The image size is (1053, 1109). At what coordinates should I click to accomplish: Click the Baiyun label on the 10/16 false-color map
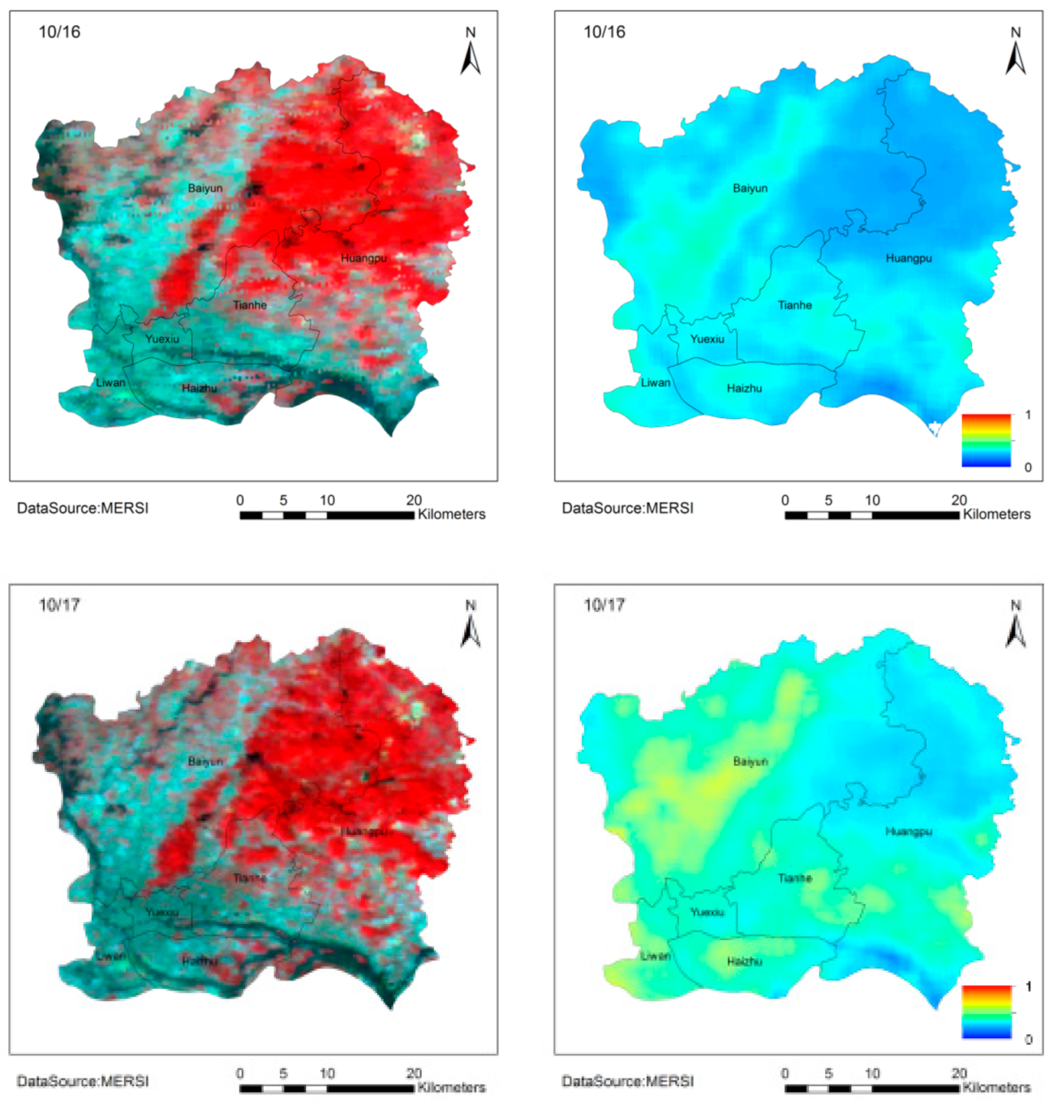click(205, 188)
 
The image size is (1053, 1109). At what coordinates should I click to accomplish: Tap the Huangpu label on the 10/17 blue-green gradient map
click(909, 831)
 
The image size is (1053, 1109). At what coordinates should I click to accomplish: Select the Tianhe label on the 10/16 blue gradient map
click(795, 305)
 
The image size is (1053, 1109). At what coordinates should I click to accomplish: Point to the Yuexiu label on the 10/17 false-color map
click(162, 913)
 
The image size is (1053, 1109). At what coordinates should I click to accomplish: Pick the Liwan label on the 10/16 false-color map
click(111, 382)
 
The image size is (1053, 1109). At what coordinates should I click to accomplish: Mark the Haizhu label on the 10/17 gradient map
click(745, 961)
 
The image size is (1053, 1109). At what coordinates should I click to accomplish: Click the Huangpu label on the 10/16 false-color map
click(363, 258)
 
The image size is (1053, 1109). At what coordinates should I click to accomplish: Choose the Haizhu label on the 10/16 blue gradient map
click(745, 388)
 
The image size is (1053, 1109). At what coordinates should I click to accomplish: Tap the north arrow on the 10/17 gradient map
click(1016, 624)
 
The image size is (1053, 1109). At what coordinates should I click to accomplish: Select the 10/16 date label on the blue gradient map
click(604, 32)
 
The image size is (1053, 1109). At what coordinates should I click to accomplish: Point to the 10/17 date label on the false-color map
click(59, 605)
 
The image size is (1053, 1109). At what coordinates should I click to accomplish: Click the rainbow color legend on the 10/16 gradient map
click(986, 441)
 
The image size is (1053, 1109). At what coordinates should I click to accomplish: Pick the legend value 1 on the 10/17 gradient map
click(1029, 987)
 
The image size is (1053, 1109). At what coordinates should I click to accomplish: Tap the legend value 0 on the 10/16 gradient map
click(1028, 468)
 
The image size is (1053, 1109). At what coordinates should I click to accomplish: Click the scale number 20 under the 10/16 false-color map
click(414, 500)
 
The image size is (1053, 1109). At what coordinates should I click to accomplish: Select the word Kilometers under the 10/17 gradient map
click(996, 1087)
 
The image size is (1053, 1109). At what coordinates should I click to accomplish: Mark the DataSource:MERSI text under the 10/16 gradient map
click(628, 508)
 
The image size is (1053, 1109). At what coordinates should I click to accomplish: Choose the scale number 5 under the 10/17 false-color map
click(283, 1073)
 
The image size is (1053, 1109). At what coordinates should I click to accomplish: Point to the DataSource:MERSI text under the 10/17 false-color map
click(83, 1081)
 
